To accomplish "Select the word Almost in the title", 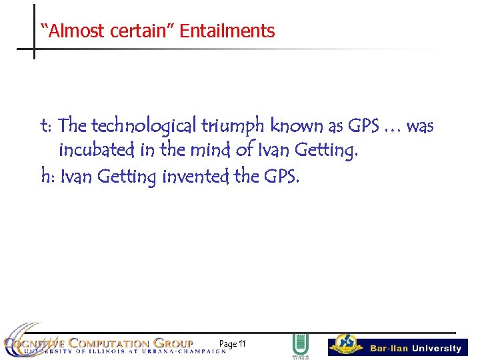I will pyautogui.click(x=67, y=31).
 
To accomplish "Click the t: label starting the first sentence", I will pyautogui.click(x=47, y=126).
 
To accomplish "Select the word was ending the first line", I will pyautogui.click(x=420, y=126).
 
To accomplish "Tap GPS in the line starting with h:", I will pyautogui.click(x=281, y=177).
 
